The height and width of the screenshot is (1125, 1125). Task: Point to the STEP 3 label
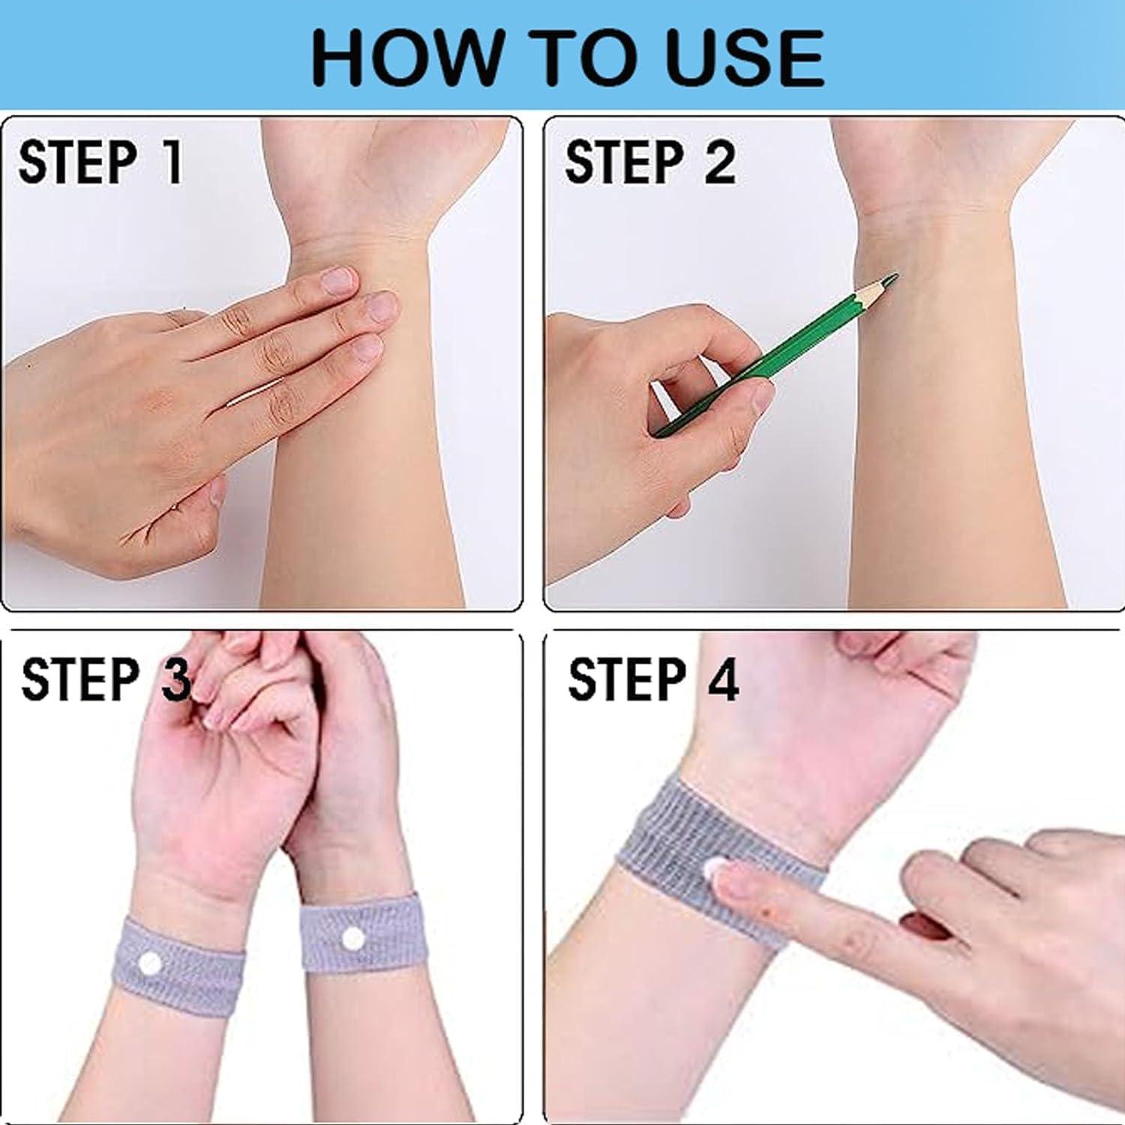coord(105,679)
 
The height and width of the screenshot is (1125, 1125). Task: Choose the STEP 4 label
coord(652,679)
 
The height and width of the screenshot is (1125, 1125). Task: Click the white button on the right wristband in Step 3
coord(352,939)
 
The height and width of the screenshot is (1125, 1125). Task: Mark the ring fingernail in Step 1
coord(367,348)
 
